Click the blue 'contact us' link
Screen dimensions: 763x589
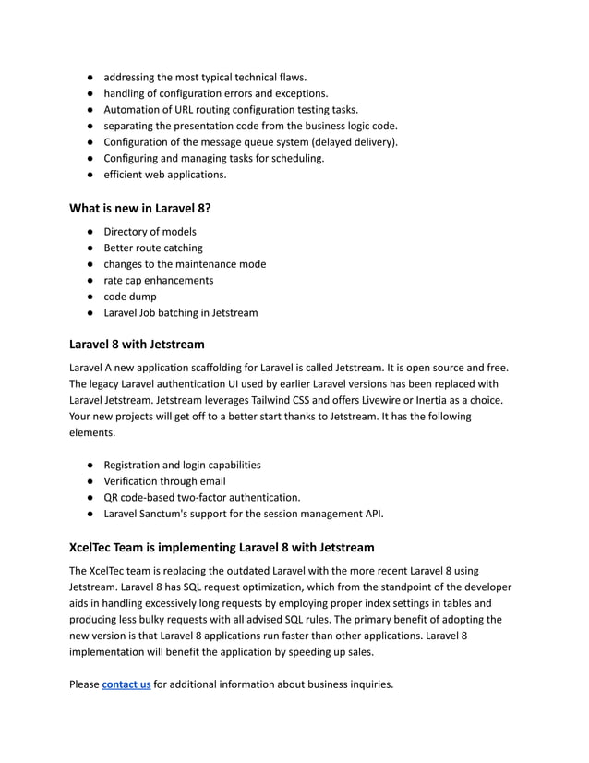click(126, 684)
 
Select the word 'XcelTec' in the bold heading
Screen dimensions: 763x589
click(94, 547)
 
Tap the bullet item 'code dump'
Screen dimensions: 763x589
click(129, 297)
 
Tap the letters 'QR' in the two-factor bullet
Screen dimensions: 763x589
click(112, 497)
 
